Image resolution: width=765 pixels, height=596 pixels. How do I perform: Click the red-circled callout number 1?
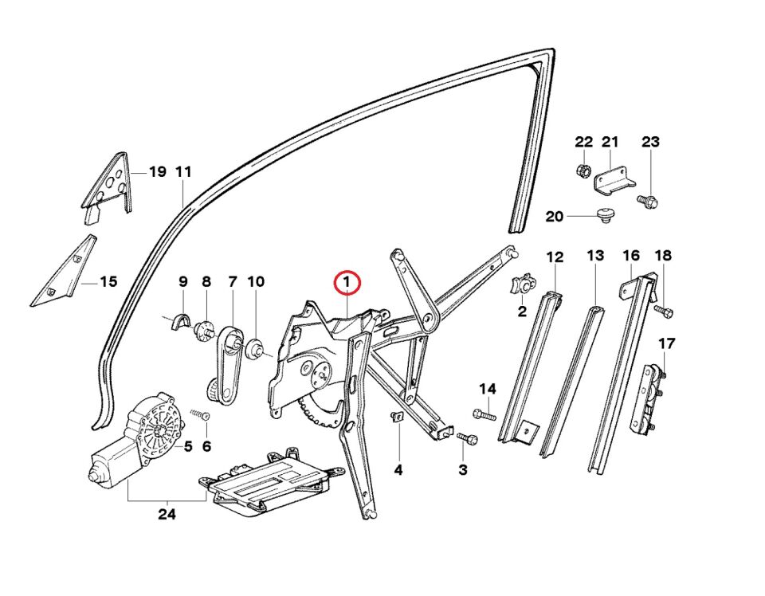pos(347,282)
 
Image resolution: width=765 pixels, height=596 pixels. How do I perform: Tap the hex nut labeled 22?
pos(583,171)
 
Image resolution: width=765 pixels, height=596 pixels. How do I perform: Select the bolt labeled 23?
pos(649,202)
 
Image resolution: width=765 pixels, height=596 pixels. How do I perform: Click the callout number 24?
pos(166,515)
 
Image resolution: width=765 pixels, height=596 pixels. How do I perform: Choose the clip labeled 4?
pos(396,418)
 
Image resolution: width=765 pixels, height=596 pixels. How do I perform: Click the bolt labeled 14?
pos(484,414)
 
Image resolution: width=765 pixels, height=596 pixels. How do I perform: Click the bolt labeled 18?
pos(664,309)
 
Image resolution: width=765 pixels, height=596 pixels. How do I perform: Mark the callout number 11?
pos(184,171)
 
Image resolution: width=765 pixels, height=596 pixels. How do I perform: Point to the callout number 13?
pos(595,256)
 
